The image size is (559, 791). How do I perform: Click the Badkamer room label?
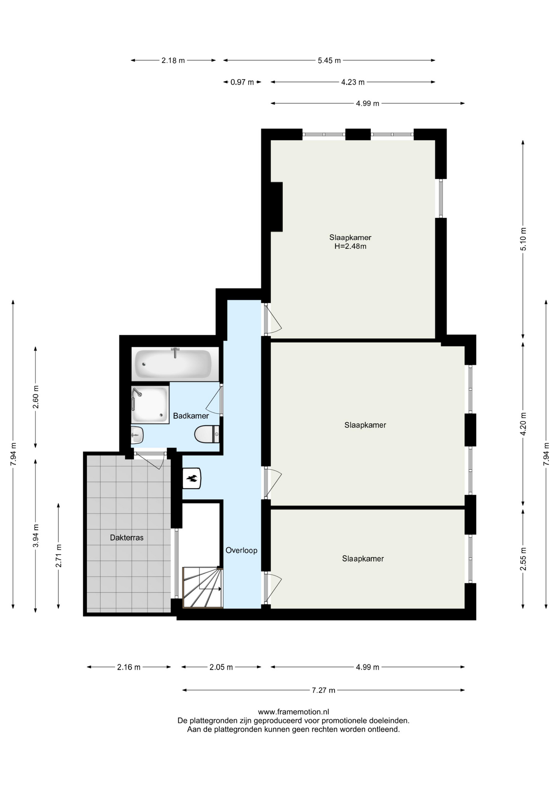(x=191, y=416)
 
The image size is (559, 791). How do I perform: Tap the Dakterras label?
(x=127, y=537)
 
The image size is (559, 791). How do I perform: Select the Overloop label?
(x=241, y=550)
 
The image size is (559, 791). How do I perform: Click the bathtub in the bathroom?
(x=173, y=363)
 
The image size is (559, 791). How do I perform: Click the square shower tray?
(x=150, y=405)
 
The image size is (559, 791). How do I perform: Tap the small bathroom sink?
(x=137, y=435)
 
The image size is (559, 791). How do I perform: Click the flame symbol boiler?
(x=192, y=478)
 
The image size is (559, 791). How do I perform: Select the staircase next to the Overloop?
(x=203, y=587)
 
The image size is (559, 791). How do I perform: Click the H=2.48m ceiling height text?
(x=350, y=246)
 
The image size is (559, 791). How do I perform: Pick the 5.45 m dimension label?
(x=329, y=61)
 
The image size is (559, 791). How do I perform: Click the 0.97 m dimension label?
(x=242, y=82)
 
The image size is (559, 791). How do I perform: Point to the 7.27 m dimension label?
(x=324, y=690)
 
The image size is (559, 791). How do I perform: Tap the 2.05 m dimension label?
(x=221, y=667)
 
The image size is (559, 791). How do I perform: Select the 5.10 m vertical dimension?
(x=523, y=239)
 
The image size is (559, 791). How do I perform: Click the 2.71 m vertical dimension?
(x=59, y=556)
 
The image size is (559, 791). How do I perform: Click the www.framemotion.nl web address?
(x=293, y=711)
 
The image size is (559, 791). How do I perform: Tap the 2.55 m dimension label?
(x=523, y=559)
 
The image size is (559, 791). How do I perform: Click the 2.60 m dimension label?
(x=36, y=397)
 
